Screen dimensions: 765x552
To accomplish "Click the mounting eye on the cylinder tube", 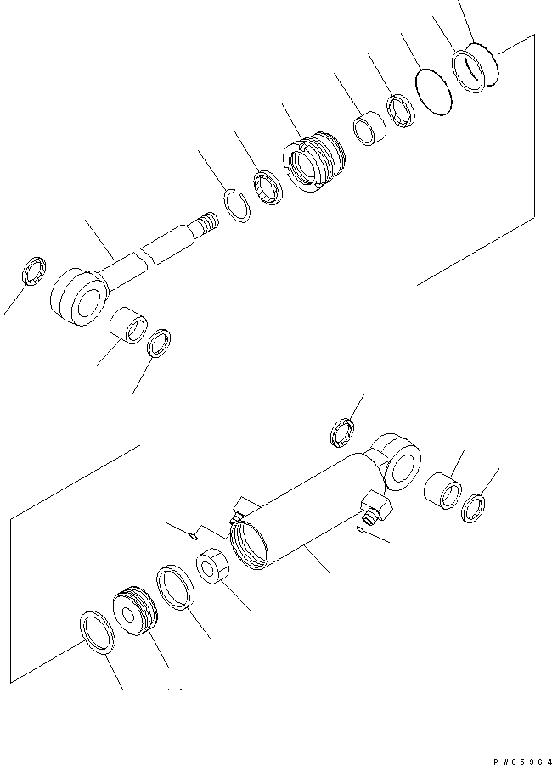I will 397,462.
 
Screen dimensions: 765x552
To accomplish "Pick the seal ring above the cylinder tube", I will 342,430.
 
